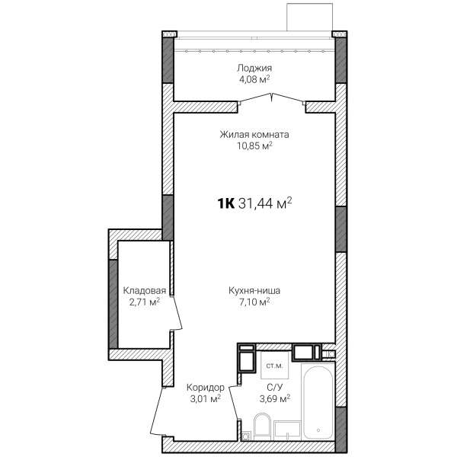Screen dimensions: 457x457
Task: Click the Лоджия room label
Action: (254, 69)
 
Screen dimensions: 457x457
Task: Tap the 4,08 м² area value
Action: (254, 79)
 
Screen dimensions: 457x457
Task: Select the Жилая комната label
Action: (254, 135)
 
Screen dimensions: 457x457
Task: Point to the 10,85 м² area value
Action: (254, 145)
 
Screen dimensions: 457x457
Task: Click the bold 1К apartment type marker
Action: (225, 203)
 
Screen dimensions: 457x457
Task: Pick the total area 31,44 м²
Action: (265, 203)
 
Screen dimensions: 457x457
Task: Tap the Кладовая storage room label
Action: (144, 291)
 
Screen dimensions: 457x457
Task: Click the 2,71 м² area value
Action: (144, 302)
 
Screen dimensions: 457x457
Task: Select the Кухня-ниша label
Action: (254, 291)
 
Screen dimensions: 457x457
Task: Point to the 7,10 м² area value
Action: (254, 302)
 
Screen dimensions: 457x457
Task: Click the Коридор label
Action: (206, 388)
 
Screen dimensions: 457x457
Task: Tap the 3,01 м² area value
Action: (205, 398)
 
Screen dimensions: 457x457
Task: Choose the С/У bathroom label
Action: (274, 388)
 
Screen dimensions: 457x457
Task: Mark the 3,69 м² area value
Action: (274, 398)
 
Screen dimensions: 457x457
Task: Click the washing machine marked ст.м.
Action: (274, 365)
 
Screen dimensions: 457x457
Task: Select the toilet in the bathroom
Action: (262, 427)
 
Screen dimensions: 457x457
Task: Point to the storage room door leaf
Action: (177, 313)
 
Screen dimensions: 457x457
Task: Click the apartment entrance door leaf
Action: (155, 411)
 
